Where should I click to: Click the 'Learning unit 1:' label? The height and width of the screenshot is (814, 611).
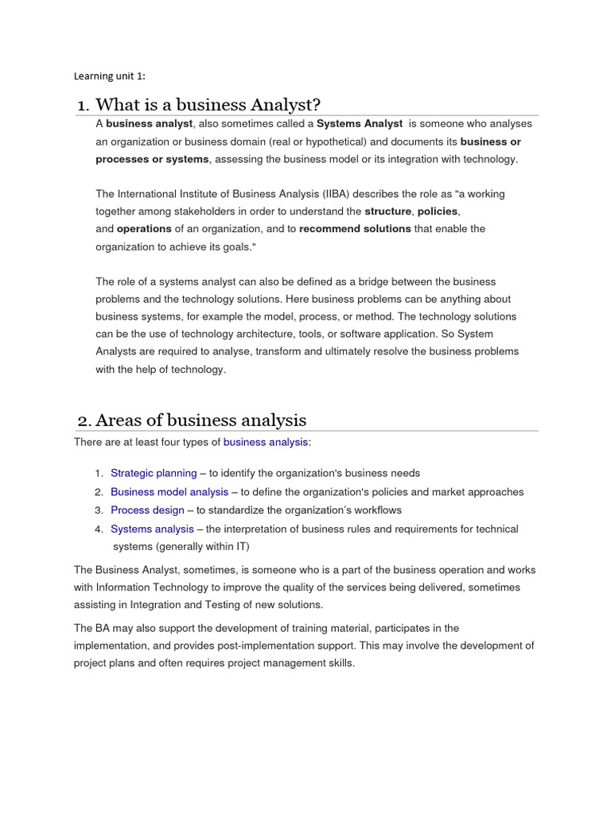[x=110, y=76]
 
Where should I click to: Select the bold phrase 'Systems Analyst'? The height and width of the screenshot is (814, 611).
[x=360, y=124]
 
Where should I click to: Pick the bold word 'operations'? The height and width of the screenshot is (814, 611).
[x=144, y=229]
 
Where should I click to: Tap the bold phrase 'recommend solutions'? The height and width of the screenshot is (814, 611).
[x=355, y=229]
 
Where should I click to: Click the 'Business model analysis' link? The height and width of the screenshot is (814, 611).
[x=169, y=492]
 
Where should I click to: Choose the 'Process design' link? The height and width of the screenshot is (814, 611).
[x=147, y=510]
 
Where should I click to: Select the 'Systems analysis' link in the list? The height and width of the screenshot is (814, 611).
[x=152, y=529]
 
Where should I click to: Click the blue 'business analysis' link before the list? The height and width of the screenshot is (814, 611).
[x=265, y=442]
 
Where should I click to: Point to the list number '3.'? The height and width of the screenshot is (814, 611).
[x=99, y=510]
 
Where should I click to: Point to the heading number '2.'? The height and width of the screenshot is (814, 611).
[x=87, y=421]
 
